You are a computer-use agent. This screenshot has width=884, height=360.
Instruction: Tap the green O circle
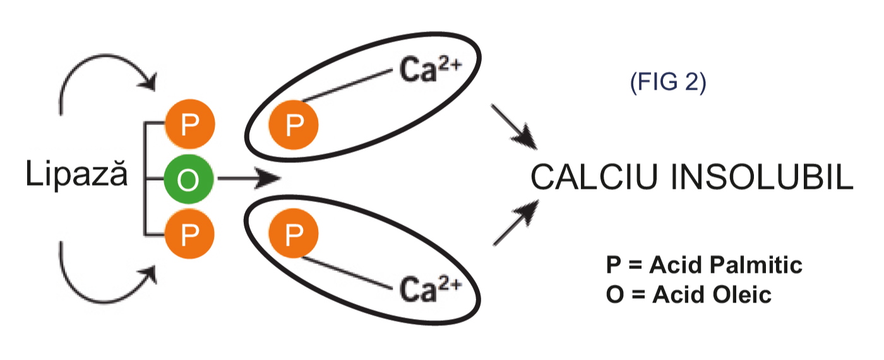point(189,180)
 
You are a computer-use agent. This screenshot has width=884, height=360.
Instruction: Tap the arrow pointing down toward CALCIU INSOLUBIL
point(514,127)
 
